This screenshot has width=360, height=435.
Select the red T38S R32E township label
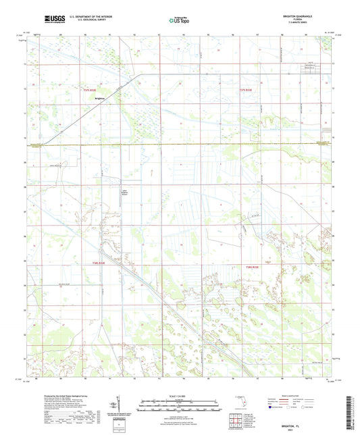coord(99,264)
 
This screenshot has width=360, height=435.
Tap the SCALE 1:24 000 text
coord(179,396)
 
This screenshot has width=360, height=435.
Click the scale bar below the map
coord(179,407)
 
